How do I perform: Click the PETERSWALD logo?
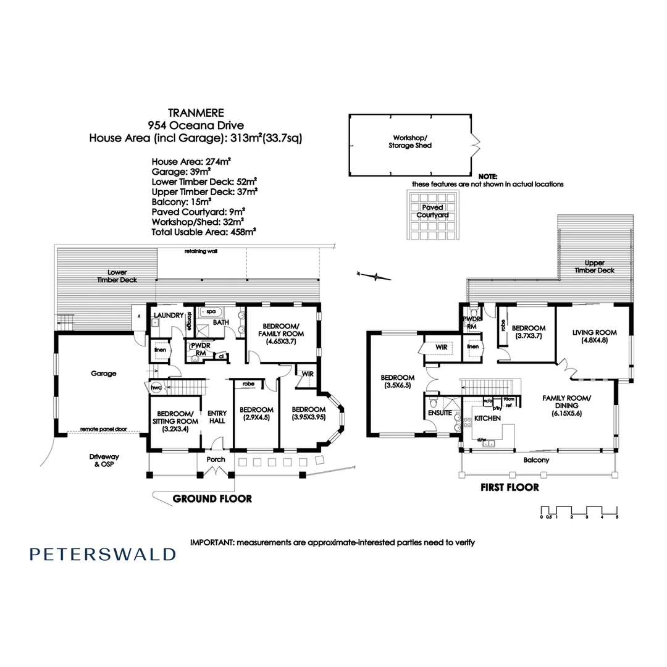(103, 554)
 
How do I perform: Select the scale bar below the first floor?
(579, 512)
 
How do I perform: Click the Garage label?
(103, 374)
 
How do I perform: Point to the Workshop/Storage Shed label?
(409, 141)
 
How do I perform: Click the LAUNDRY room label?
(169, 316)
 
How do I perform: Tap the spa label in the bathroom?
(211, 312)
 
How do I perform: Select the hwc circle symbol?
(154, 387)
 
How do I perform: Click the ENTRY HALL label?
(217, 417)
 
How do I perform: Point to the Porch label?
(216, 459)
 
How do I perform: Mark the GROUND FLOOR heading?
(212, 498)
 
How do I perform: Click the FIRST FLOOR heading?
(510, 487)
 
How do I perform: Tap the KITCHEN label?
(487, 419)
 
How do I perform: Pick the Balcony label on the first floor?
(536, 460)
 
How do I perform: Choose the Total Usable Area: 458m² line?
(204, 232)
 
